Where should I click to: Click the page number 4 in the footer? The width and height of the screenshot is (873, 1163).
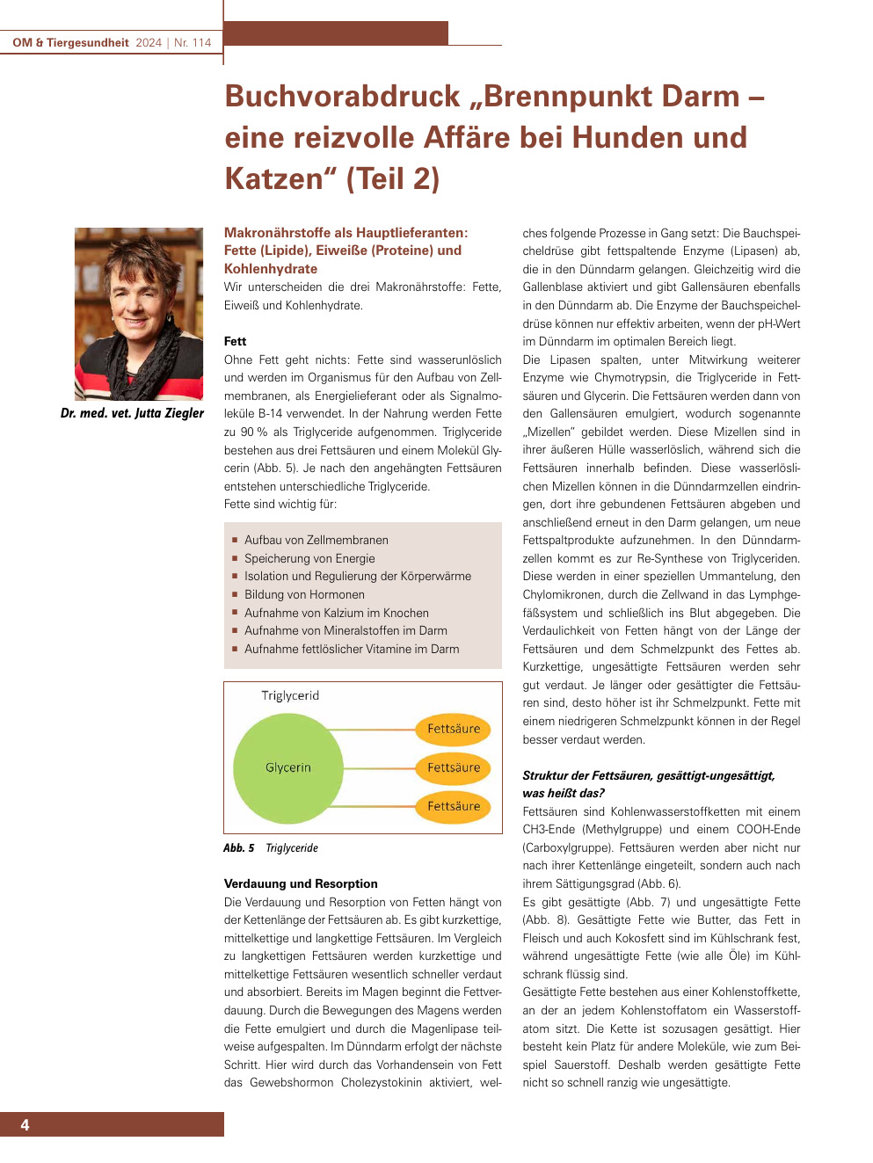click(x=25, y=1125)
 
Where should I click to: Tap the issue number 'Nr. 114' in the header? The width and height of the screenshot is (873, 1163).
click(x=193, y=42)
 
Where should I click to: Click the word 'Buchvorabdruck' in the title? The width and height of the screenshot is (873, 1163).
click(x=342, y=97)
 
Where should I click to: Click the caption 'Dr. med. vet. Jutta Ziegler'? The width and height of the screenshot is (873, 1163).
click(x=132, y=413)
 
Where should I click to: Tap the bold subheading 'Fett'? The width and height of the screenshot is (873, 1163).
click(x=235, y=341)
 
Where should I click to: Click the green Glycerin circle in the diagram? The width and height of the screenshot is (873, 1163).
click(x=287, y=767)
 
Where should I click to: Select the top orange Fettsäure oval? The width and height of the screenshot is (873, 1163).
click(x=453, y=729)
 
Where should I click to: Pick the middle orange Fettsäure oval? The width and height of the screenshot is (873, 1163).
click(x=453, y=767)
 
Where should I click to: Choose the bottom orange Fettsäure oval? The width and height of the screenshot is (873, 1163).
click(x=453, y=806)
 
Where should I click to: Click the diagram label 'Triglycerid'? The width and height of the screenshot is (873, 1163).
click(x=290, y=695)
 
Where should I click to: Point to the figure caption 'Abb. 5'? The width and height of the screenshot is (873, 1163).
click(x=238, y=848)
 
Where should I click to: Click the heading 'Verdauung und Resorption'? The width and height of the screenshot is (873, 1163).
click(x=301, y=883)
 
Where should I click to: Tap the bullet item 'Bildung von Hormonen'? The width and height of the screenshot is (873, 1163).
click(x=304, y=594)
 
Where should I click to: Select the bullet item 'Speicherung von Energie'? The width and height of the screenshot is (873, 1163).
click(x=309, y=558)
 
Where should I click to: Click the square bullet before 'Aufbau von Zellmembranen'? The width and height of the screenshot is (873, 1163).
click(x=235, y=540)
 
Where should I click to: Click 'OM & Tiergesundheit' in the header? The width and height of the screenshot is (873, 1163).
click(x=70, y=42)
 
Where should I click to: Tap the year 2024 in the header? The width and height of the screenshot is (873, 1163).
click(x=149, y=42)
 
